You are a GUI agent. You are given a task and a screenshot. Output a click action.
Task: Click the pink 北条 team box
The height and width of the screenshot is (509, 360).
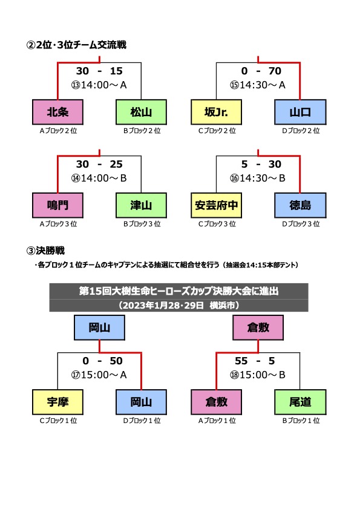58,112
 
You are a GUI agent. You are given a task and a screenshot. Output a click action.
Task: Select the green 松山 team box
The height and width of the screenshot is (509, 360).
141,112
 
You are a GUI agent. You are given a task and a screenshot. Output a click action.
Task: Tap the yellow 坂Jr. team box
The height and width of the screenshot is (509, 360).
216,112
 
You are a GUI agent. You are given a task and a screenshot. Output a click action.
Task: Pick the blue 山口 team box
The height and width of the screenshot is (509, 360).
300,112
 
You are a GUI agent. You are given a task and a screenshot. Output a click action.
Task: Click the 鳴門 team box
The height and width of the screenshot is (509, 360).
58,205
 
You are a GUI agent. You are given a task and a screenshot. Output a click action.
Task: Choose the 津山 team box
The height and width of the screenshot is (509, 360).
141,205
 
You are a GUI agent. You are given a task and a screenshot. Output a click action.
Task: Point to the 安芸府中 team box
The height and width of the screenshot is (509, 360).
216,205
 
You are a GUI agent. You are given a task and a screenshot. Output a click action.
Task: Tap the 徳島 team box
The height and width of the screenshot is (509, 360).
300,205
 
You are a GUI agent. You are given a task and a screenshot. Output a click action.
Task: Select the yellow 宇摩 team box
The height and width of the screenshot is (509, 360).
58,402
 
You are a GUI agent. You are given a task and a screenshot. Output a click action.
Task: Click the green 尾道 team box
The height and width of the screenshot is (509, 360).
300,402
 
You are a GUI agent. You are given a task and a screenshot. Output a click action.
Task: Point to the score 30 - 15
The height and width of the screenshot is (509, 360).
99,71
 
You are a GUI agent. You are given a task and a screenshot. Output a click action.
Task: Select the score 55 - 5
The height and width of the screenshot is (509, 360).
255,361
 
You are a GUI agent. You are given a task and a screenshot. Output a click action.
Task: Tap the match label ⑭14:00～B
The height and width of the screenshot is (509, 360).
99,178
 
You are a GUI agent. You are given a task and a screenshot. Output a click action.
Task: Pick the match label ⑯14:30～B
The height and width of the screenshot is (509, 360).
258,178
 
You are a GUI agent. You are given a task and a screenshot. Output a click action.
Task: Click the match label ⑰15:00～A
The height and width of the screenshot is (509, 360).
99,375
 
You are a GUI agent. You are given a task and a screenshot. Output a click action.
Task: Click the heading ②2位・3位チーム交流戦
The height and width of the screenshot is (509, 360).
76,45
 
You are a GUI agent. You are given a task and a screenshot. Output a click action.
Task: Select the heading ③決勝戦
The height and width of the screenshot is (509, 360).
45,251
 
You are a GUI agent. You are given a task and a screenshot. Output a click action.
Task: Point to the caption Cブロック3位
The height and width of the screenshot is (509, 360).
217,224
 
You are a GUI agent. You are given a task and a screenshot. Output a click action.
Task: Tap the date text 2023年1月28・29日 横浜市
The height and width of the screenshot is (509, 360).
179,305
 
